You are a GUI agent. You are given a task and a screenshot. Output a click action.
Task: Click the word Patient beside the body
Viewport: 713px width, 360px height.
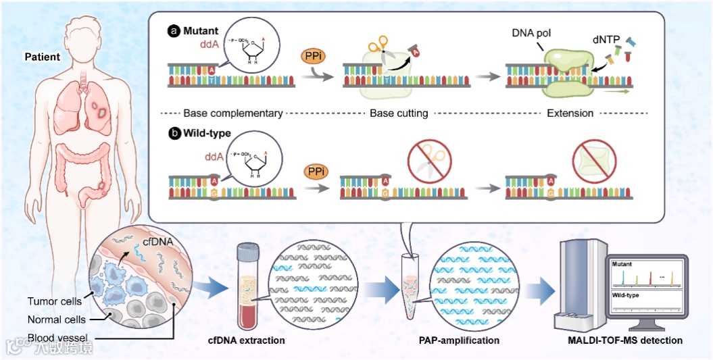tap(42, 57)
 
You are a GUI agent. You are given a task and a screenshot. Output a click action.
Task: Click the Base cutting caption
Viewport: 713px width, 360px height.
tap(399, 113)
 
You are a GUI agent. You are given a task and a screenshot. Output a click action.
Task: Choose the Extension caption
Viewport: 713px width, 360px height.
tap(571, 113)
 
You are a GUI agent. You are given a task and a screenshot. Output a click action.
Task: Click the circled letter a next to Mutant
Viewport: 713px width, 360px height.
tap(174, 31)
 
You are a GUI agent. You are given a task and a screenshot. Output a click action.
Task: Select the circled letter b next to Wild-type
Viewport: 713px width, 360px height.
tap(174, 133)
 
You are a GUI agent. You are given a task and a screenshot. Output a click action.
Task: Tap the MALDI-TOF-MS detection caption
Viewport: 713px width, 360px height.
tap(625, 340)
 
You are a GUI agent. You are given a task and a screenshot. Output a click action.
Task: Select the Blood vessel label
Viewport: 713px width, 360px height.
tap(56, 338)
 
